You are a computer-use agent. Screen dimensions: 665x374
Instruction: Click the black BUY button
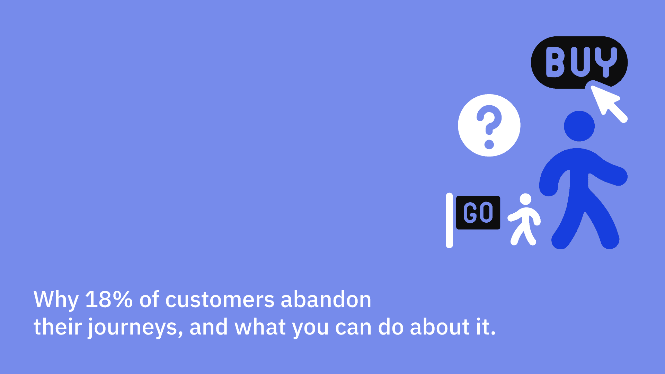pyautogui.click(x=579, y=62)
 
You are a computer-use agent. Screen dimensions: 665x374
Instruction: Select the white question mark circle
pyautogui.click(x=489, y=125)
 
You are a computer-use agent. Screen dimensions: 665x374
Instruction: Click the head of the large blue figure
pyautogui.click(x=579, y=126)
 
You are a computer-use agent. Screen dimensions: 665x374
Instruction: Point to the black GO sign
pyautogui.click(x=478, y=213)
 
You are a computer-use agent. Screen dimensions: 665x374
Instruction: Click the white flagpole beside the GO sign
pyautogui.click(x=449, y=220)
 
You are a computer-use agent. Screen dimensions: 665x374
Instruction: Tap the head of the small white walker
pyautogui.click(x=525, y=199)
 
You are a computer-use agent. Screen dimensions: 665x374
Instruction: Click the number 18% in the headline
pyautogui.click(x=109, y=299)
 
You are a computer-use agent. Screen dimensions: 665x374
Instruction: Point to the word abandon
pyautogui.click(x=326, y=299)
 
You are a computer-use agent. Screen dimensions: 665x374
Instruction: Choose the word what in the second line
pyautogui.click(x=260, y=327)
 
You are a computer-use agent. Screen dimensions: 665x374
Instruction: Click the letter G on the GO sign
pyautogui.click(x=470, y=213)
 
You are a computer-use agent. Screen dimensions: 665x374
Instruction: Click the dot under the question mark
pyautogui.click(x=489, y=144)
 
